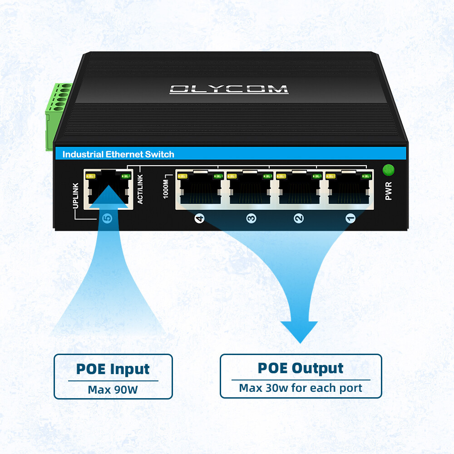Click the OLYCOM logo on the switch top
pos(229,89)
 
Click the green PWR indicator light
pos(388,170)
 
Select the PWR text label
pos(388,191)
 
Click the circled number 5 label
pos(108,219)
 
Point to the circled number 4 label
pos(199,219)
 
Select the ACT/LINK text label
pos(140,189)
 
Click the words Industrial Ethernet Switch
pos(118,154)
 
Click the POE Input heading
pos(113,369)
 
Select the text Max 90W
pos(113,390)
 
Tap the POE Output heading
pos(301,368)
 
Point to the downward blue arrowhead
pos(298,331)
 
